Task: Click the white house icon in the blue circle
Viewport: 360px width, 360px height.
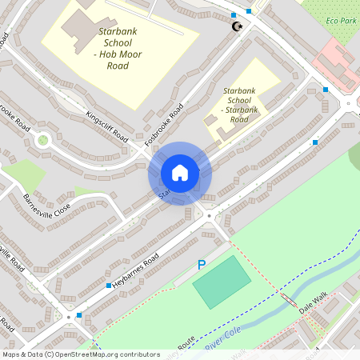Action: click(180, 172)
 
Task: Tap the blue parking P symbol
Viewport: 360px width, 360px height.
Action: click(202, 265)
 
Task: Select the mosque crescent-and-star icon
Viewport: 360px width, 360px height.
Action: click(236, 27)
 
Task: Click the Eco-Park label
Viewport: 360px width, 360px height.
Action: click(342, 20)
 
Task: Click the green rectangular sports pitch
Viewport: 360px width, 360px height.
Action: click(221, 282)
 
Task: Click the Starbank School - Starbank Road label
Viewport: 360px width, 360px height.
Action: click(240, 106)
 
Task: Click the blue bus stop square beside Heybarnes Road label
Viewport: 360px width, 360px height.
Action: click(108, 285)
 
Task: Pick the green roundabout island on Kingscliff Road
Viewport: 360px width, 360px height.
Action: click(42, 140)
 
